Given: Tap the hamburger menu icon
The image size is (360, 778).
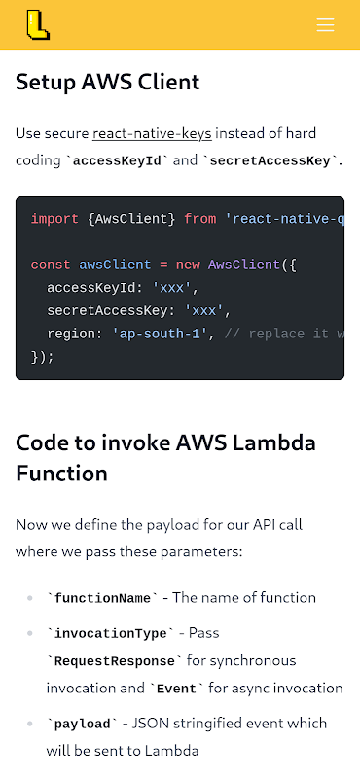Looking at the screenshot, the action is (x=325, y=25).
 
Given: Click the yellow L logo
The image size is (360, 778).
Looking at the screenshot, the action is (x=38, y=25).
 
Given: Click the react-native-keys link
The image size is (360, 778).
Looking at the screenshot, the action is (x=152, y=133).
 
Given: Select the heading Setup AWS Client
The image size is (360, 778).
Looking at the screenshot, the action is (x=108, y=82).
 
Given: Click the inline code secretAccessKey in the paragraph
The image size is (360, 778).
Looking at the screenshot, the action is (x=271, y=161).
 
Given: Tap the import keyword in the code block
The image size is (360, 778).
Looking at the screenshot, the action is (x=54, y=220).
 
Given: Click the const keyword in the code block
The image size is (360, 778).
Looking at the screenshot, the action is (x=51, y=265).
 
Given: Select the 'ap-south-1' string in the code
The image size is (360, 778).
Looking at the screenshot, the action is (x=163, y=334).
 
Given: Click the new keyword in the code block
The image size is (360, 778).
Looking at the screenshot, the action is (x=188, y=265).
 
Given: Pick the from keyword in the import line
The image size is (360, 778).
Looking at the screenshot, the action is (x=200, y=219).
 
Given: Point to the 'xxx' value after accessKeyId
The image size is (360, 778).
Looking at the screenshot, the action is (x=171, y=288).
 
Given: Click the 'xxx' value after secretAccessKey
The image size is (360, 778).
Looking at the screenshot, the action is (x=203, y=311).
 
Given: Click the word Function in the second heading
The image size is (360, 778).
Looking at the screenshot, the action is (x=61, y=473).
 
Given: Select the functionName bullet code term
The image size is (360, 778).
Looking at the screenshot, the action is (x=102, y=598).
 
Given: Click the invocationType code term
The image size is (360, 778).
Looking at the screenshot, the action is (x=110, y=634).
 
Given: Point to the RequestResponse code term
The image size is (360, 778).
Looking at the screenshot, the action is (x=114, y=661).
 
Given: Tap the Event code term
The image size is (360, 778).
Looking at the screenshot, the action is (x=177, y=690).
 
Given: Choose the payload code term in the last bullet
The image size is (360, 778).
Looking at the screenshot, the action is (x=82, y=724).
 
